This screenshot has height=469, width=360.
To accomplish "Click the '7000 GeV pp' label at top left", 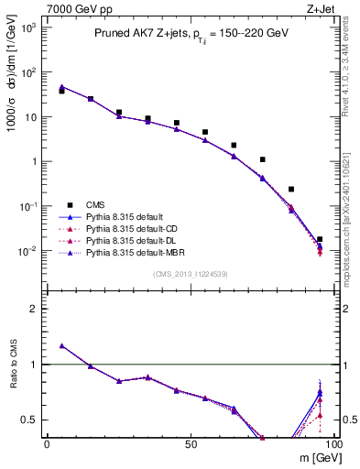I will [x=72, y=7].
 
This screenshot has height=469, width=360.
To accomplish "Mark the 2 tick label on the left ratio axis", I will [x=35, y=309].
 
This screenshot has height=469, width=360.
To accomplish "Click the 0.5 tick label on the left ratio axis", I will [x=30, y=420].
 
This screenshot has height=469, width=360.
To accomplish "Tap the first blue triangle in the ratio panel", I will [x=61, y=345].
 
